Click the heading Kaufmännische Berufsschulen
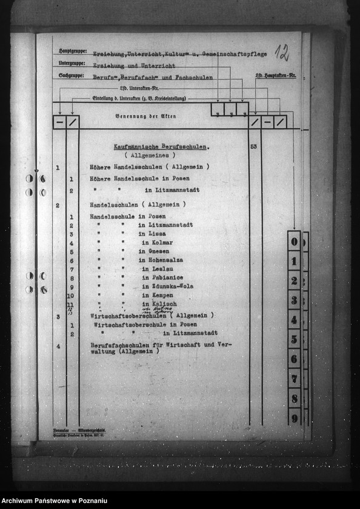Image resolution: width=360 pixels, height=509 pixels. click(x=162, y=147)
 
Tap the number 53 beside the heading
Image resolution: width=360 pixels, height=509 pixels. click(x=253, y=147)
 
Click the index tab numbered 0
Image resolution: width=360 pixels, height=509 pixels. click(x=294, y=242)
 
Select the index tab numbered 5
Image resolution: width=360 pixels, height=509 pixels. click(x=294, y=339)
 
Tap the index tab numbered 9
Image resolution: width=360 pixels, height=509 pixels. click(x=294, y=418)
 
